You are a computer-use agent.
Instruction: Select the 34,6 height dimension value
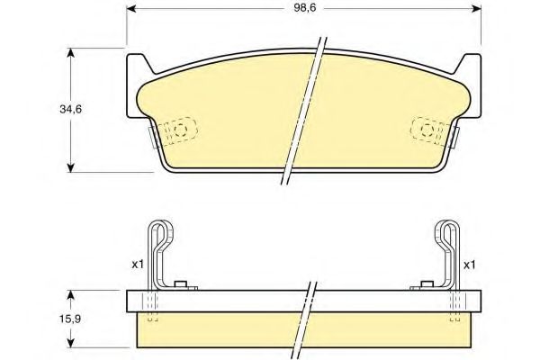[x=70, y=109]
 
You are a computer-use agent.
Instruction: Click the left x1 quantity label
[x=137, y=265]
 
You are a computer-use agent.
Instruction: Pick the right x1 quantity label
[x=469, y=265]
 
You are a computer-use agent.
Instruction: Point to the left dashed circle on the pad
[x=181, y=131]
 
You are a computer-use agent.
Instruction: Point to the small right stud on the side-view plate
[x=420, y=286]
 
